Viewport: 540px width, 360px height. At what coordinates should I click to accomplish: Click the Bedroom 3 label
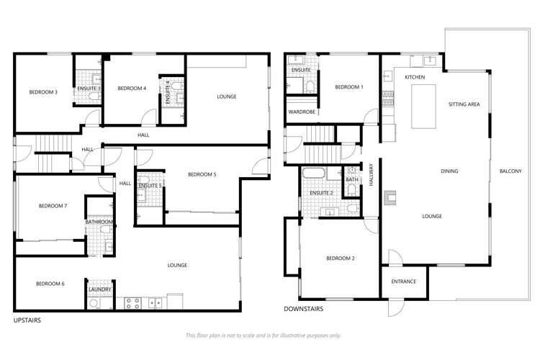(43, 91)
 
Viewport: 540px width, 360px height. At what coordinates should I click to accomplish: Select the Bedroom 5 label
(202, 174)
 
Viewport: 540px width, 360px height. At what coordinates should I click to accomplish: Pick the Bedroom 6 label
(50, 284)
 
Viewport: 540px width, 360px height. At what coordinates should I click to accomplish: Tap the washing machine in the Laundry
(94, 304)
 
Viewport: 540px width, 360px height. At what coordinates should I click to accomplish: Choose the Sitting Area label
(464, 104)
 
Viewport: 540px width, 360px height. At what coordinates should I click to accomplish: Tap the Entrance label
(403, 281)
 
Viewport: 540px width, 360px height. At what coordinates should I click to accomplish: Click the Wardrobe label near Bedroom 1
(300, 112)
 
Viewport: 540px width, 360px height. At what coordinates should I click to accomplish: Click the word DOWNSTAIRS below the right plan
(303, 309)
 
